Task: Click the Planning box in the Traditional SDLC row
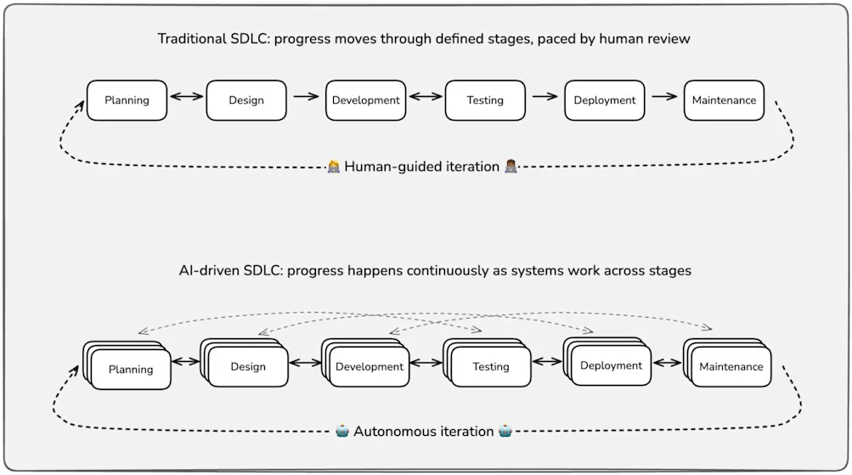(127, 100)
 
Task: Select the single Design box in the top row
(246, 100)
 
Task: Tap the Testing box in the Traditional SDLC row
(485, 100)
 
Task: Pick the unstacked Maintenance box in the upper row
(724, 100)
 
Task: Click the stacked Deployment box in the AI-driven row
(610, 365)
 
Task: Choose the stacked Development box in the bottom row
(369, 366)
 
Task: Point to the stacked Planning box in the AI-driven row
(130, 369)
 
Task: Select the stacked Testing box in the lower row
(490, 366)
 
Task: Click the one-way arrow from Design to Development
(306, 96)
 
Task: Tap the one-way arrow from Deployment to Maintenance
(664, 96)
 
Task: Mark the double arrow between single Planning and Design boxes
(187, 96)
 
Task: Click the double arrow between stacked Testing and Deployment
(547, 362)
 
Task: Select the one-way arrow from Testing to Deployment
(544, 96)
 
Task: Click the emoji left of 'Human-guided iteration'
(334, 167)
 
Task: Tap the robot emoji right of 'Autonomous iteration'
(505, 432)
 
